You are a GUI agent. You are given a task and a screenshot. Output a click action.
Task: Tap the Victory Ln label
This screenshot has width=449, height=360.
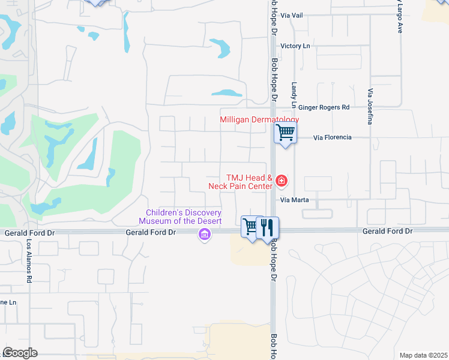click(x=295, y=46)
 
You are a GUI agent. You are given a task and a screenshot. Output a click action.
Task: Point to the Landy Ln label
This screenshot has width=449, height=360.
click(x=294, y=95)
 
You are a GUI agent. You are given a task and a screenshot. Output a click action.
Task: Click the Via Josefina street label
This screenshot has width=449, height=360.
click(x=370, y=107)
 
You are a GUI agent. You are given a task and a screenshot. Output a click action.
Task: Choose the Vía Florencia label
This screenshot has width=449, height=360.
click(x=333, y=137)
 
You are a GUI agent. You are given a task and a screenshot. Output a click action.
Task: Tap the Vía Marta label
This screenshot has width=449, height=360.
click(x=294, y=200)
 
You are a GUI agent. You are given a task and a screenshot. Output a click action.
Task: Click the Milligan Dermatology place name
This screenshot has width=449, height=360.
click(x=259, y=120)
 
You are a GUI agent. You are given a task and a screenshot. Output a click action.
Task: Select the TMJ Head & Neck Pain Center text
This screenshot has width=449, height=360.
click(x=249, y=182)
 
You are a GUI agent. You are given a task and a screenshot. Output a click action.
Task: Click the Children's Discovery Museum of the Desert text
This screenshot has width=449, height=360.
click(x=185, y=217)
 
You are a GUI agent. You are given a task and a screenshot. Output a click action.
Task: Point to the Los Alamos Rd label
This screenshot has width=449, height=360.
click(x=28, y=262)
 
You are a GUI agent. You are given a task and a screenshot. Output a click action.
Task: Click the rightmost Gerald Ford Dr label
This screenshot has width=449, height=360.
click(x=387, y=231)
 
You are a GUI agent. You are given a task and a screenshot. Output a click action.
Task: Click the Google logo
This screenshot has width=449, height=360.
click(x=19, y=353)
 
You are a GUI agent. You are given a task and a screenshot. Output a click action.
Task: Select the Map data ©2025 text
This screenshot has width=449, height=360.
click(x=423, y=355)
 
